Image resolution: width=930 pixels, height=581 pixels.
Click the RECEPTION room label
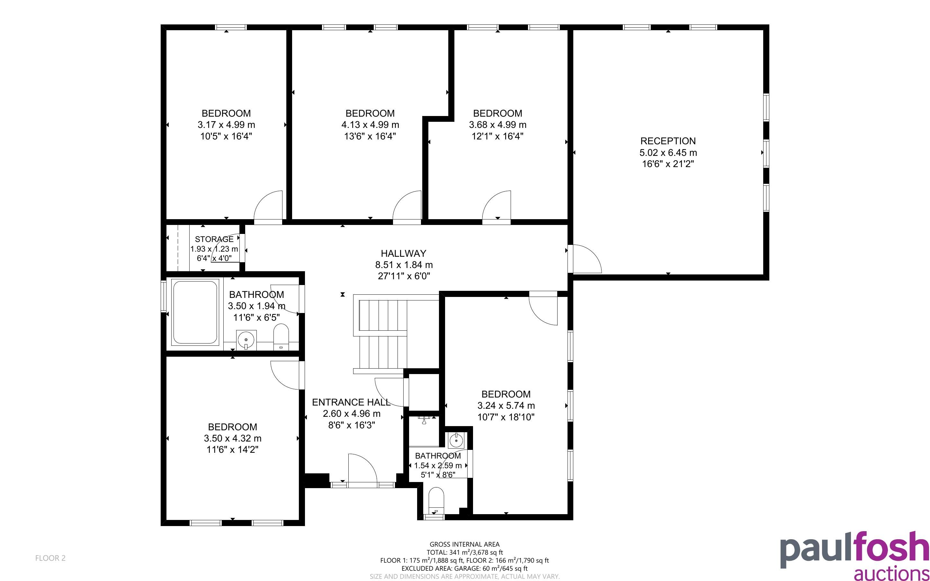click(668, 141)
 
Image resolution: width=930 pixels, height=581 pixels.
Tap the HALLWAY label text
click(403, 253)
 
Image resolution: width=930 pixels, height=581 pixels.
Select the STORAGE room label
click(214, 239)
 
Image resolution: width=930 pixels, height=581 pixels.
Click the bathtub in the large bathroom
click(195, 312)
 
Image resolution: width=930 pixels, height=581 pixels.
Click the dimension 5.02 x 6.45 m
click(668, 153)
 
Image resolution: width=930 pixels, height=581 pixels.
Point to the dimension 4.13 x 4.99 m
click(370, 125)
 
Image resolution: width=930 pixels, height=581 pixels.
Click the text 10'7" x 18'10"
click(506, 417)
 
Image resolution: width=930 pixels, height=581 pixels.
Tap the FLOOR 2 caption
click(50, 558)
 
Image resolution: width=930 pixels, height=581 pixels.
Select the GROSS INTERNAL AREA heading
click(464, 544)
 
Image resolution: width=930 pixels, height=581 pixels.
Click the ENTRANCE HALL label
click(351, 402)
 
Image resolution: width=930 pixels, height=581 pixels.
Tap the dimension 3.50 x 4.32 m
click(232, 438)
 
